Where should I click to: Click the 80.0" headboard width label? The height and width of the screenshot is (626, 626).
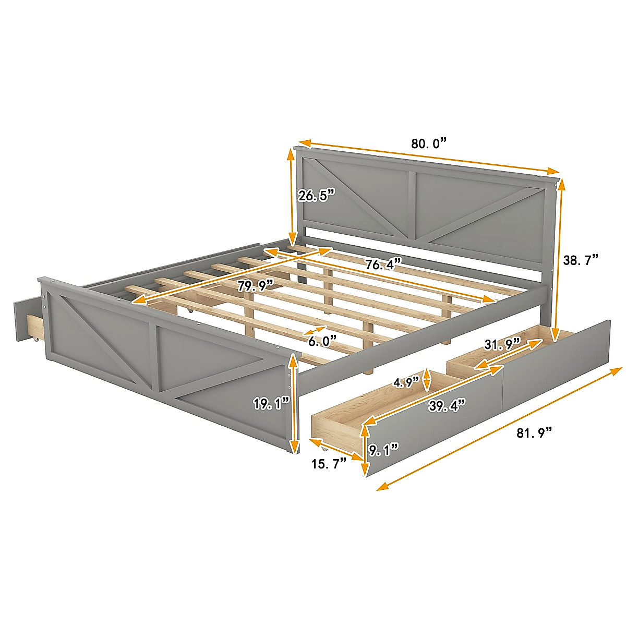(x=429, y=143)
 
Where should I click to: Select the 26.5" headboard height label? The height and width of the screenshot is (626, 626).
(x=316, y=196)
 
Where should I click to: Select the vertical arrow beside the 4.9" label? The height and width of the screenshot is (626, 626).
(x=427, y=380)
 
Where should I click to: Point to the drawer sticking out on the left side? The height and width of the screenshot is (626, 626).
(x=26, y=321)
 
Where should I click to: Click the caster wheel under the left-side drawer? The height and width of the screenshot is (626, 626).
(x=35, y=341)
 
